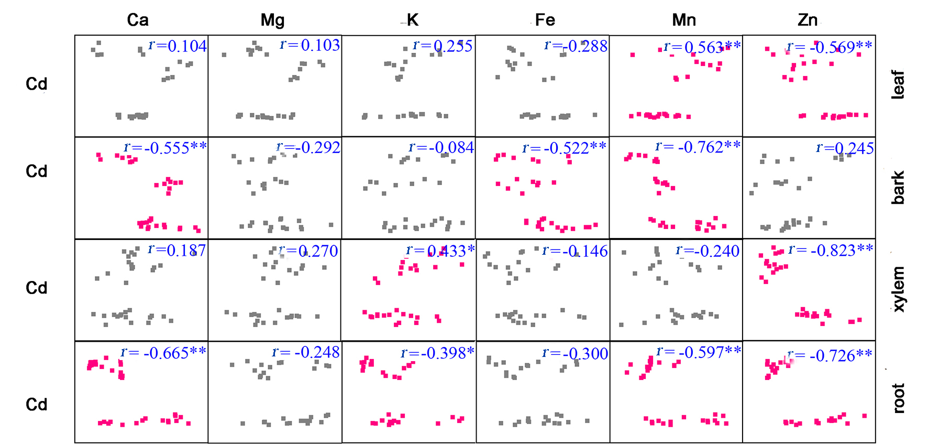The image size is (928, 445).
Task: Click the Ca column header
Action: click(x=138, y=20)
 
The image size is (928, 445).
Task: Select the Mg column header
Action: click(x=272, y=20)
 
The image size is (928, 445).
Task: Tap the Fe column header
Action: click(x=545, y=20)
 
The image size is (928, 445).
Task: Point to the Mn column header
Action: click(x=684, y=20)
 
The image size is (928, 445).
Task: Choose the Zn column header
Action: click(x=808, y=20)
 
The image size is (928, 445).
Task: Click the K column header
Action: click(x=413, y=20)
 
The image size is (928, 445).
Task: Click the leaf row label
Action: click(x=898, y=84)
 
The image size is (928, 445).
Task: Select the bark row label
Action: click(x=898, y=187)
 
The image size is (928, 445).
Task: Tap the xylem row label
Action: click(x=898, y=289)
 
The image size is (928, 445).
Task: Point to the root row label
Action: click(x=898, y=398)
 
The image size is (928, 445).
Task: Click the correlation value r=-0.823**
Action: click(x=831, y=250)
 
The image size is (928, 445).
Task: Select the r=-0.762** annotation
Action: click(x=698, y=147)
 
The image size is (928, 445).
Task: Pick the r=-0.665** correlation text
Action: click(x=163, y=353)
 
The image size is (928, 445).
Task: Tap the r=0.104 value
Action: click(x=178, y=46)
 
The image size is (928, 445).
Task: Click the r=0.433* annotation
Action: click(x=440, y=251)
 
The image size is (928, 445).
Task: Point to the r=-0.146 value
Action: click(x=575, y=251)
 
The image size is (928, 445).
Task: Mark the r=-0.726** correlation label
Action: click(x=830, y=355)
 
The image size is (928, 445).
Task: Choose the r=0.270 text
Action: click(x=308, y=251)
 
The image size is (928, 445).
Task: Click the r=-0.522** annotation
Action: click(x=564, y=148)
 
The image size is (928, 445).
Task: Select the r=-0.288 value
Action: click(x=576, y=46)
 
